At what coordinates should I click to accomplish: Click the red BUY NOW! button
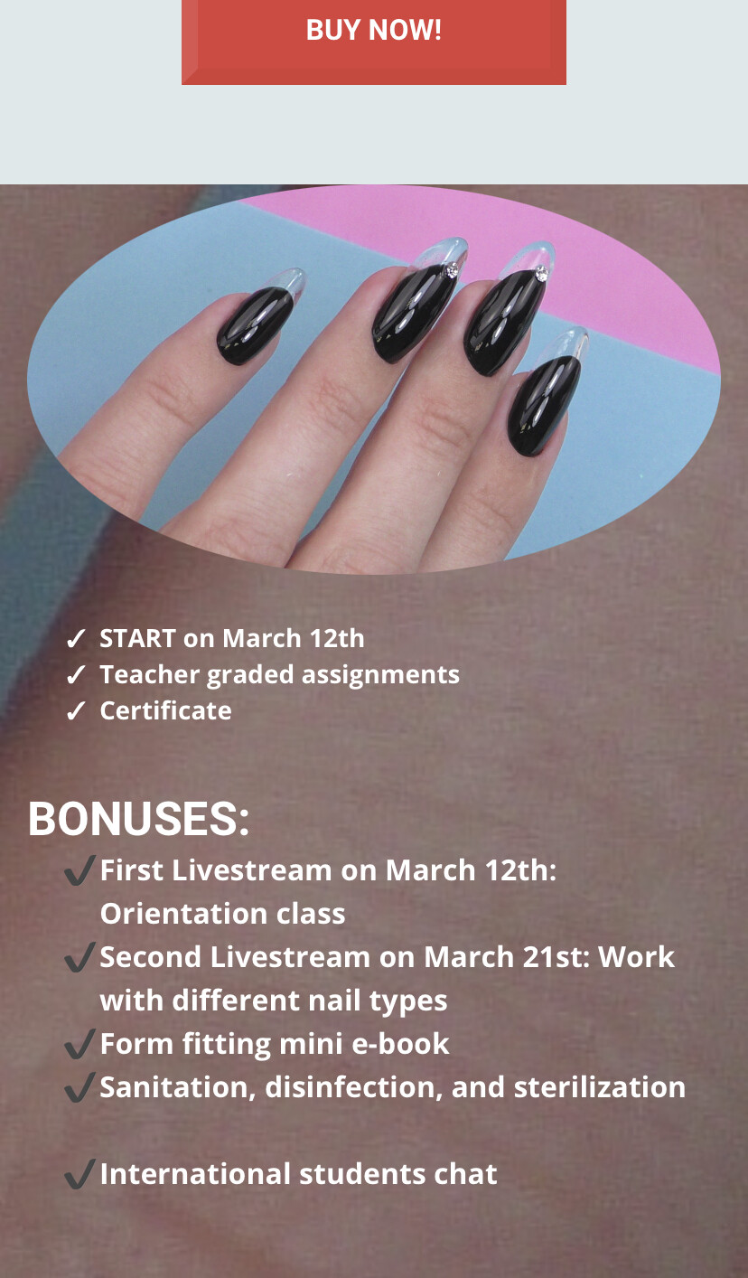point(373,42)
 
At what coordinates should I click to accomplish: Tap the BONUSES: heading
point(138,819)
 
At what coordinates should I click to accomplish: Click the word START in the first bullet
point(137,638)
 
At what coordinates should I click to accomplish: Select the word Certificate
point(165,710)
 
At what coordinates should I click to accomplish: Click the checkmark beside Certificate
point(75,711)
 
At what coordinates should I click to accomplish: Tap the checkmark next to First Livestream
point(79,870)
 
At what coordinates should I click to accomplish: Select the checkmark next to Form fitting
point(79,1044)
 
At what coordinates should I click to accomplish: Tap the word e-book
point(400,1044)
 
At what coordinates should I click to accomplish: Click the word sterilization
point(599,1087)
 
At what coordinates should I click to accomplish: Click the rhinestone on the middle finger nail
point(452,270)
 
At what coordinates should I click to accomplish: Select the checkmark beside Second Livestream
point(79,957)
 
